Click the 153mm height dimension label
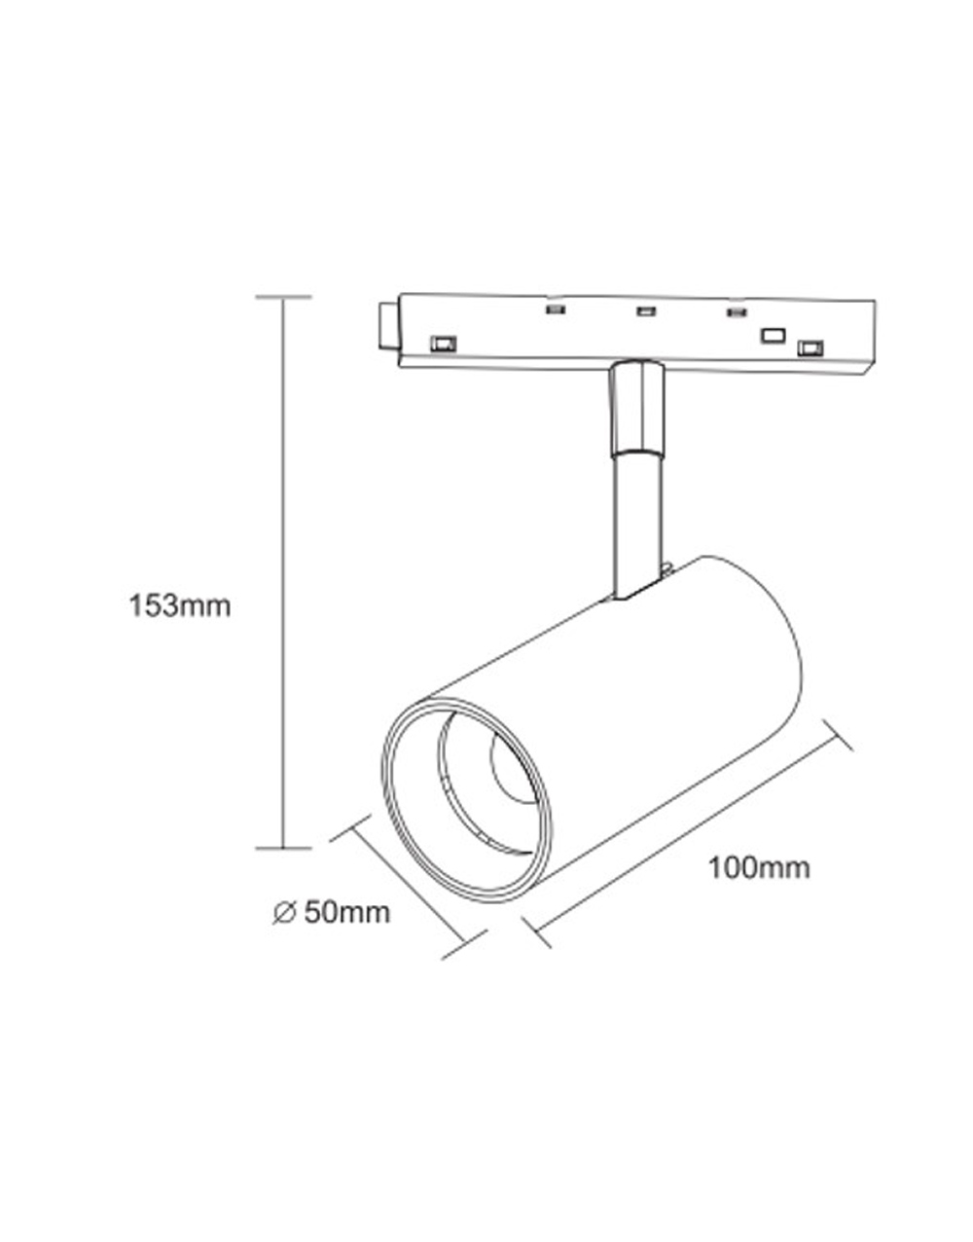[180, 605]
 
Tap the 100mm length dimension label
[759, 866]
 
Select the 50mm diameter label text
[345, 912]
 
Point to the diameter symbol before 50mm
[283, 913]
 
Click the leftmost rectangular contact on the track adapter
[444, 343]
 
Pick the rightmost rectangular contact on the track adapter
[810, 347]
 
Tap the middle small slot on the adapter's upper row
[645, 311]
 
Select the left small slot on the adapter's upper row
[556, 310]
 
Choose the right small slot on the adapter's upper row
[736, 312]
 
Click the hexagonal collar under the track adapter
[637, 408]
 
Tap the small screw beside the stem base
[668, 568]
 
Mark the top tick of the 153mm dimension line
[283, 296]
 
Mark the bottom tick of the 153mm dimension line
[283, 848]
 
